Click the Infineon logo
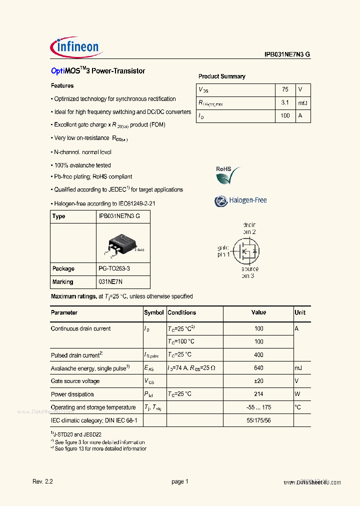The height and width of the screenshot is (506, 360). [x=76, y=47]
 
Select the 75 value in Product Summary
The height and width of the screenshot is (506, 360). [x=285, y=89]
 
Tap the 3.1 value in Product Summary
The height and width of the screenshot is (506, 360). [x=285, y=102]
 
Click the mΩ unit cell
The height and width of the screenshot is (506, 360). [x=303, y=102]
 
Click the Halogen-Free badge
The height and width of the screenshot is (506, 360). [x=240, y=200]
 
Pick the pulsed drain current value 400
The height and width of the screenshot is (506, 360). [x=258, y=355]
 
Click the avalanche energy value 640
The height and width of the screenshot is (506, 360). [x=258, y=368]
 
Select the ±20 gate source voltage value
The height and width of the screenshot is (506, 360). [x=258, y=381]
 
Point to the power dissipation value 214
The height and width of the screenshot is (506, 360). [x=258, y=394]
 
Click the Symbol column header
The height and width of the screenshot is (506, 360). [x=154, y=312]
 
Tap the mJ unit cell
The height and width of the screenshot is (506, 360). [x=299, y=368]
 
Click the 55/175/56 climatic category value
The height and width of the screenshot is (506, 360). [x=258, y=420]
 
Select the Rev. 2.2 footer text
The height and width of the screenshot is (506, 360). [x=42, y=481]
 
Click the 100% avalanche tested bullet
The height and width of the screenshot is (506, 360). [x=82, y=165]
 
